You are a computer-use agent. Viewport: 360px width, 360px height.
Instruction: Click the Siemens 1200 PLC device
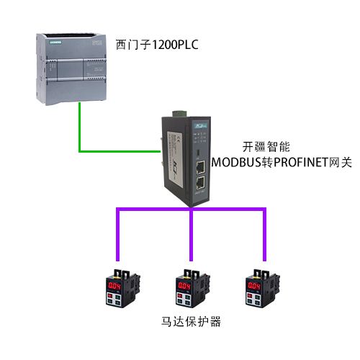71,69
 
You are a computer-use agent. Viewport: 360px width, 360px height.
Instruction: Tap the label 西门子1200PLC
157,45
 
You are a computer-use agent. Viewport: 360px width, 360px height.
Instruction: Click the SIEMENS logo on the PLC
55,42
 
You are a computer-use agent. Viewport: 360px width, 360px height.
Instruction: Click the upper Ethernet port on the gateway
200,167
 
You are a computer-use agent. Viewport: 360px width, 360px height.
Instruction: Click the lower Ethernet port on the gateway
200,183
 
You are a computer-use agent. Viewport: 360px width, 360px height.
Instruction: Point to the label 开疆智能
266,147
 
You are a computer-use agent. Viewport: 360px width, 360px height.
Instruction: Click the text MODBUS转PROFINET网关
282,162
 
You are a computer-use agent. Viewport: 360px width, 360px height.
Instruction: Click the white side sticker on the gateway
175,159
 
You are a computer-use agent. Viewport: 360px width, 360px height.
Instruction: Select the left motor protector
123,289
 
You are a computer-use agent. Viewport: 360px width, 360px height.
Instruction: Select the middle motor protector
193,289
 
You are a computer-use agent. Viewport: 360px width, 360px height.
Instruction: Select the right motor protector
263,289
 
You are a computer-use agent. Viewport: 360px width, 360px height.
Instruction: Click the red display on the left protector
114,286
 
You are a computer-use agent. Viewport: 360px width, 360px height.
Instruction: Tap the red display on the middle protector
184,286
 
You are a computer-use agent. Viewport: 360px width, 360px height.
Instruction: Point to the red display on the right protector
254,286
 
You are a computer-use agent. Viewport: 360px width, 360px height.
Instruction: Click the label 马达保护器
191,322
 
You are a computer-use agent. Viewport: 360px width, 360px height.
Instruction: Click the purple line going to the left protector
117,234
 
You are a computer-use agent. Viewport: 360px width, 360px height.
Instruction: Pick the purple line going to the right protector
264,234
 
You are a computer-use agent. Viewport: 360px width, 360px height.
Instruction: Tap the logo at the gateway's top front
201,126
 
